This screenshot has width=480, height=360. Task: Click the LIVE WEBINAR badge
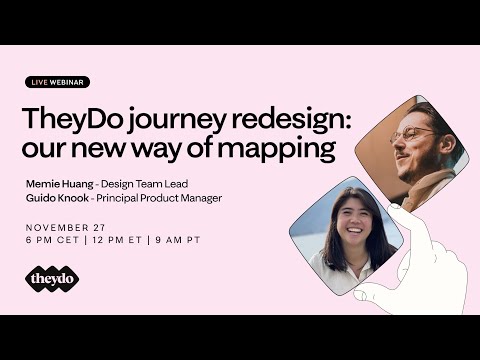pyautogui.click(x=57, y=82)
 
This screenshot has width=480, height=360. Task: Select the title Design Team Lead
pyautogui.click(x=154, y=184)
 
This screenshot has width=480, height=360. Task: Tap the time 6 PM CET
pyautogui.click(x=52, y=241)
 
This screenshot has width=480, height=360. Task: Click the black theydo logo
pyautogui.click(x=52, y=280)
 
